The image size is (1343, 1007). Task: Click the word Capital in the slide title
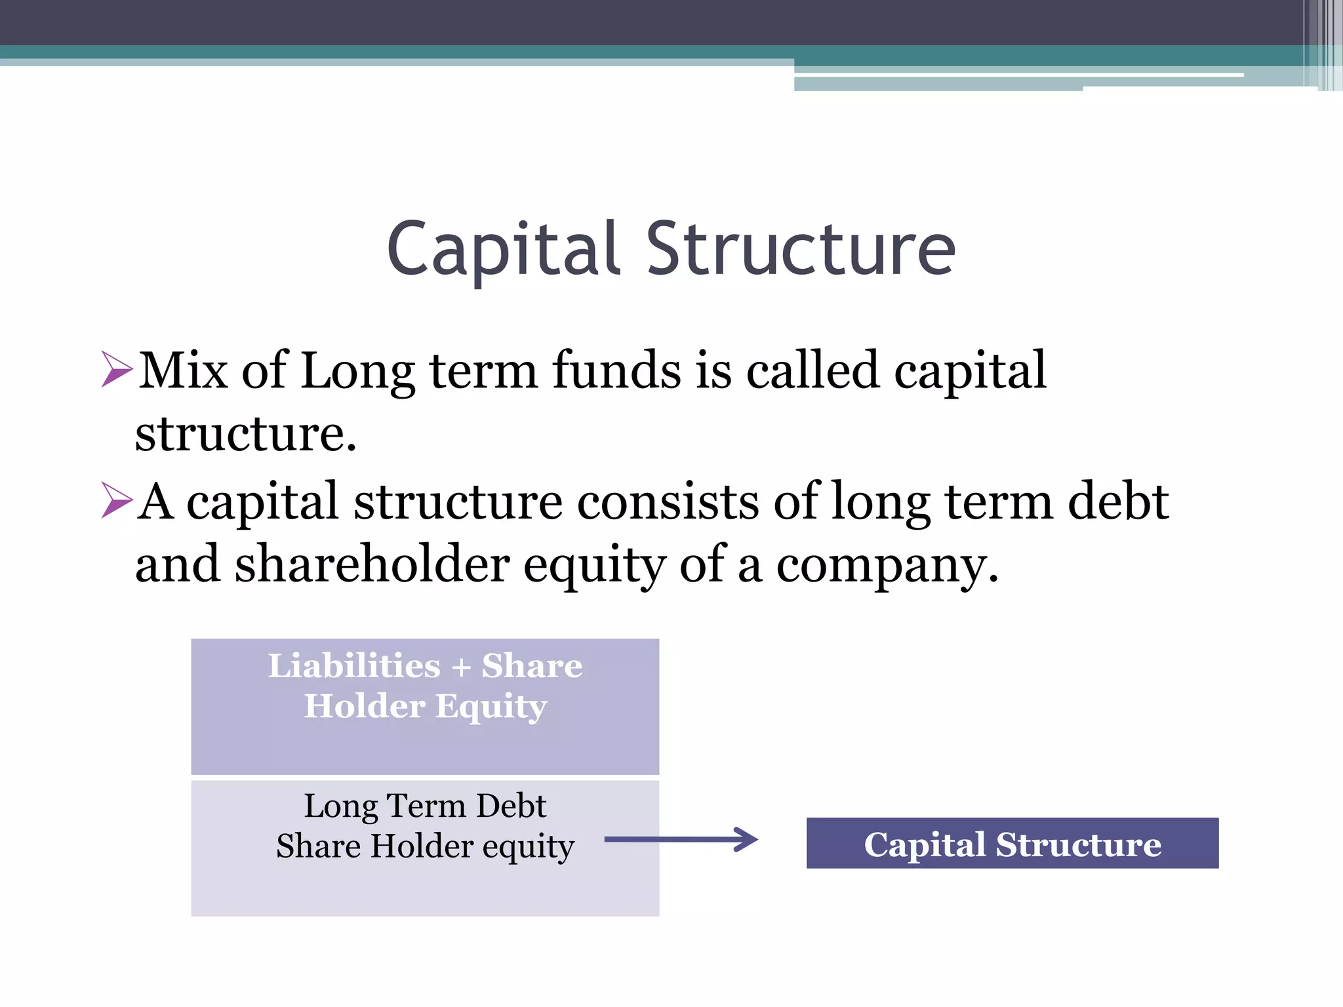(x=503, y=249)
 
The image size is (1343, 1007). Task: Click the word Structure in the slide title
(x=801, y=249)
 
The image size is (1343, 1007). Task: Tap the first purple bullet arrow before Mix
(x=117, y=368)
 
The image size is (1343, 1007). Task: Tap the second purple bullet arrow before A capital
(x=117, y=500)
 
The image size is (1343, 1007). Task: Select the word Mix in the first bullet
(x=183, y=371)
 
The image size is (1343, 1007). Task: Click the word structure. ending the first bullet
(x=246, y=434)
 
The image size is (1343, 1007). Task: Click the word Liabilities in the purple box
(x=354, y=666)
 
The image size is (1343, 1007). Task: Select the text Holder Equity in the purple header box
(x=425, y=707)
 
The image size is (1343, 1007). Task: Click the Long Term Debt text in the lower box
(x=425, y=806)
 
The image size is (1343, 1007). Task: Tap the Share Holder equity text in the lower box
(x=425, y=846)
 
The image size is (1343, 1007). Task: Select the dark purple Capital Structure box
(x=1012, y=843)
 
